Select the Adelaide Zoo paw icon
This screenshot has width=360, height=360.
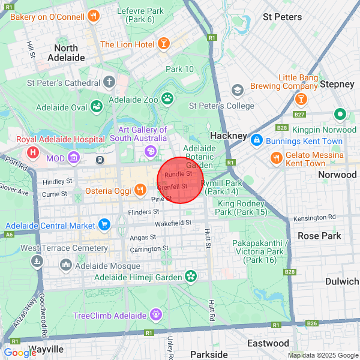click(167, 97)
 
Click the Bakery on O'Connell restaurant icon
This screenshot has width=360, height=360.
click(93, 16)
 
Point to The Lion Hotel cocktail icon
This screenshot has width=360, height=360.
click(163, 44)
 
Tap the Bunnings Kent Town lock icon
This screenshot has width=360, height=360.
click(256, 140)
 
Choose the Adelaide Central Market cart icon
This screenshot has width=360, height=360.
click(105, 225)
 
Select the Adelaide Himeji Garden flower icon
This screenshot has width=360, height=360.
click(191, 277)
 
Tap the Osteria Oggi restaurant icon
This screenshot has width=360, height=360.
click(140, 190)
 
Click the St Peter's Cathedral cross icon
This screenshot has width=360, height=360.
click(109, 82)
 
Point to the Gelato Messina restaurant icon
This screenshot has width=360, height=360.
click(276, 158)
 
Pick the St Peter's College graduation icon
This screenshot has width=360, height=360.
click(237, 90)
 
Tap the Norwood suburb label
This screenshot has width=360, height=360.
click(337, 175)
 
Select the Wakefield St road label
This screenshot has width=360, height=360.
click(172, 223)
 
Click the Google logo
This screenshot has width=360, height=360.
click(20, 352)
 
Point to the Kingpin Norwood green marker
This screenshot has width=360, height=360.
click(340, 113)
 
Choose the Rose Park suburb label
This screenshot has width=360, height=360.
click(319, 236)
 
